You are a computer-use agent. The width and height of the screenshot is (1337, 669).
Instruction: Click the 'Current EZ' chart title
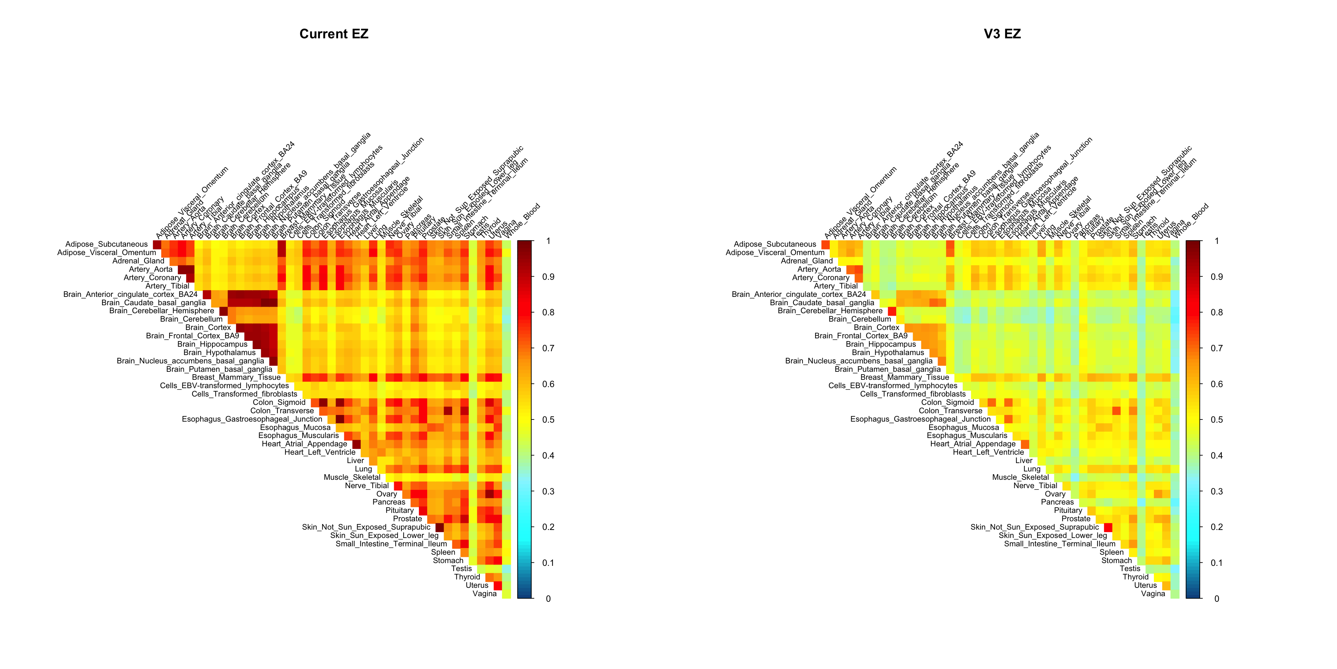[334, 34]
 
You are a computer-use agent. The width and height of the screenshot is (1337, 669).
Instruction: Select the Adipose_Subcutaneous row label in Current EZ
[107, 244]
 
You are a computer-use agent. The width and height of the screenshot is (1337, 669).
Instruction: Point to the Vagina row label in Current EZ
[484, 594]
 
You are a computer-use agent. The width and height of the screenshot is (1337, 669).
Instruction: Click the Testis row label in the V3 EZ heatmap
[1130, 569]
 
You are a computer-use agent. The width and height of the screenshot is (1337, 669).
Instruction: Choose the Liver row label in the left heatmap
[355, 461]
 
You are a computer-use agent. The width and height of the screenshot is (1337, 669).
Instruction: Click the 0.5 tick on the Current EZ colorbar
[548, 420]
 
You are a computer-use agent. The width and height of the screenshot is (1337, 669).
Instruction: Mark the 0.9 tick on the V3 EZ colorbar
[1217, 277]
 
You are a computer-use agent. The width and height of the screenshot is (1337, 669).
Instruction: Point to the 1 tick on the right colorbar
[1217, 241]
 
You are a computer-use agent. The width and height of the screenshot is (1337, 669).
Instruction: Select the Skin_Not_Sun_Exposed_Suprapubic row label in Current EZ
[366, 527]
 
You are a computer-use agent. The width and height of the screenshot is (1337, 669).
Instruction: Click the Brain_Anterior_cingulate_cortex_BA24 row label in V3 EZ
[799, 294]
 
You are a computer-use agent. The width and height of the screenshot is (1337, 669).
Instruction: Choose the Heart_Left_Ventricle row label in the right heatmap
[988, 452]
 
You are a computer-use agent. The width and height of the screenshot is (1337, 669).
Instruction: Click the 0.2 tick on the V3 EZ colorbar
[1217, 527]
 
